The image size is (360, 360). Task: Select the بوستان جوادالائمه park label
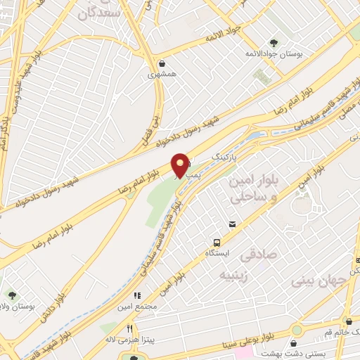(268, 53)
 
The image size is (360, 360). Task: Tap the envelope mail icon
(231, 224)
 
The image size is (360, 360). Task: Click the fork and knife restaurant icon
(130, 328)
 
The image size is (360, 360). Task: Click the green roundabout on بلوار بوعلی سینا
(297, 330)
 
